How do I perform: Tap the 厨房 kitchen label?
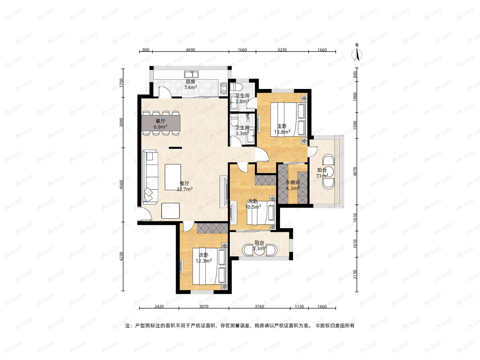coord(190,82)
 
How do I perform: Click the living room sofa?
coord(150,177)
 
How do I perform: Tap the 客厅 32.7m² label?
coord(185,187)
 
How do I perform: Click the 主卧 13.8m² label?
coord(282,129)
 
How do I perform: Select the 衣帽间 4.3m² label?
coord(292,185)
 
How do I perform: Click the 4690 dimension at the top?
coord(190,50)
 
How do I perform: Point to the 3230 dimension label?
coord(282,50)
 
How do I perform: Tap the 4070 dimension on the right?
coord(355,172)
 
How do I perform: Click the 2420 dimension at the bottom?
coord(159,306)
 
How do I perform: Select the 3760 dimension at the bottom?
coord(259,306)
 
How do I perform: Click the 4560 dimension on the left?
coord(122,185)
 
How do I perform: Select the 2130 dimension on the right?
coord(355,274)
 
